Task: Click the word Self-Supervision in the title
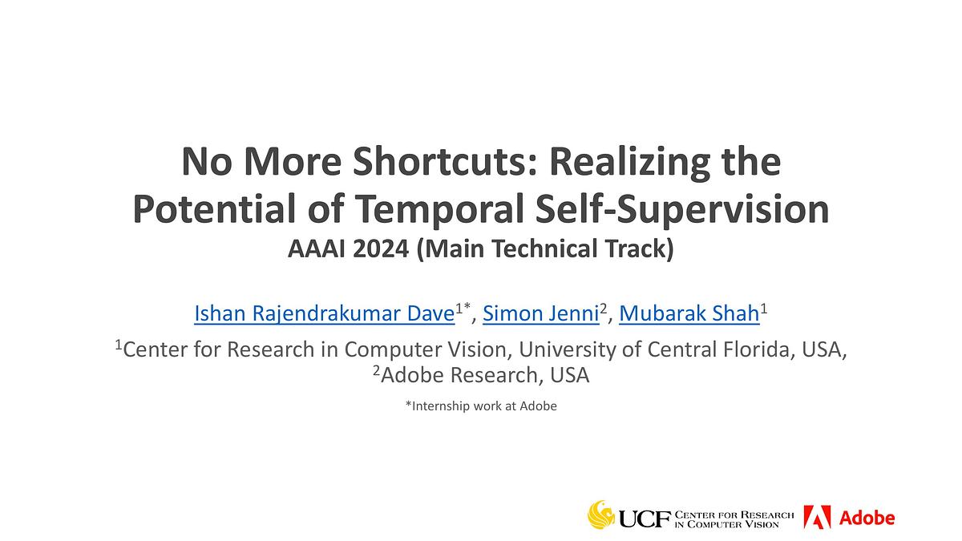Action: click(682, 209)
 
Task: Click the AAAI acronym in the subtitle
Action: click(317, 249)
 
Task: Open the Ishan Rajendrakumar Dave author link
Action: click(324, 313)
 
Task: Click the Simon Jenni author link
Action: click(540, 313)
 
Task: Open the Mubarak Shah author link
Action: click(689, 313)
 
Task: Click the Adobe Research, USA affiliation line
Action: click(481, 375)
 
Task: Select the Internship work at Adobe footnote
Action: click(481, 406)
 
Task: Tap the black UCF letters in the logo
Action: click(645, 519)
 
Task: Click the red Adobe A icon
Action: click(817, 517)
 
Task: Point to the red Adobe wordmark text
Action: click(867, 518)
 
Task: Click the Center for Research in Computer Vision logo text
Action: click(734, 519)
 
